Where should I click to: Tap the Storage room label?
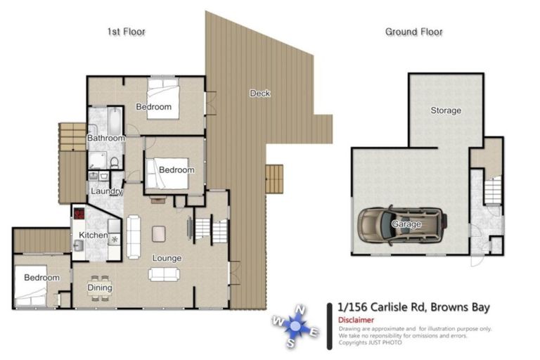pos(446,110)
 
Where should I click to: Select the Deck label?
pos(259,94)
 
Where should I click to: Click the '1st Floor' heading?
pos(126,32)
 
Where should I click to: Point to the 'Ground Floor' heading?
pos(413,32)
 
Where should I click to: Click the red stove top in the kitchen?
pos(79,213)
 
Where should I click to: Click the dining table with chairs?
pos(101,287)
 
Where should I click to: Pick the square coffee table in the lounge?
pos(160,231)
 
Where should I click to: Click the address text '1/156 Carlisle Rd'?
pos(382,307)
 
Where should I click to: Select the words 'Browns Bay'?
pos(460,307)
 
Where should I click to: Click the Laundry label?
pos(106,191)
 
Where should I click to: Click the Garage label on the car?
pos(406,224)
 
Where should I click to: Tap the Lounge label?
pos(167,258)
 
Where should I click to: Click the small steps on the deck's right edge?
pos(274,179)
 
